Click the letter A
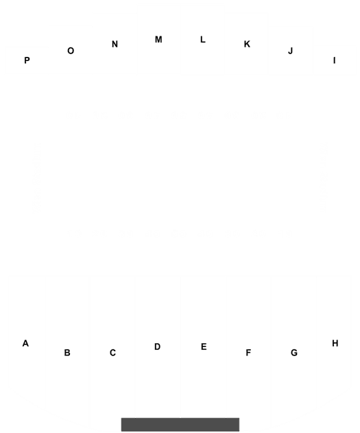[25, 343]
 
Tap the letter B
[67, 353]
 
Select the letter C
[112, 353]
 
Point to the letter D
[157, 347]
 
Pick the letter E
[204, 347]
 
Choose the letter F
[248, 353]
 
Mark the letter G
[294, 353]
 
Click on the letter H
[335, 343]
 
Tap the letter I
[335, 60]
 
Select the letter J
[290, 51]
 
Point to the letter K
[247, 44]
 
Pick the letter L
[203, 40]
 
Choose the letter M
[158, 40]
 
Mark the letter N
[115, 44]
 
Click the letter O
[71, 51]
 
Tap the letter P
[27, 60]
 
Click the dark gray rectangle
[180, 425]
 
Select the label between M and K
[203, 40]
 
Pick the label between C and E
[157, 347]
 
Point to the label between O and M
[115, 44]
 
